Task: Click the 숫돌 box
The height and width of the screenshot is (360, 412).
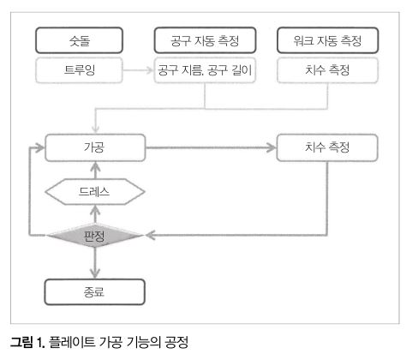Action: click(79, 40)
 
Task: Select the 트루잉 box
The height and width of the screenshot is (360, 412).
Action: click(79, 70)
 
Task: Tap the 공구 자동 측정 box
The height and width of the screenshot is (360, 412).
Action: click(205, 40)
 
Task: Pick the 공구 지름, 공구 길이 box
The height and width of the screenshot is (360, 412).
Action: click(205, 70)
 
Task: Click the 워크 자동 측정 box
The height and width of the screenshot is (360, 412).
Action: click(327, 40)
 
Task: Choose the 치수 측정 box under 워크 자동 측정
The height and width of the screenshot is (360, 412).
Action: click(327, 70)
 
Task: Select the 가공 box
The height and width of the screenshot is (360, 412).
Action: click(95, 147)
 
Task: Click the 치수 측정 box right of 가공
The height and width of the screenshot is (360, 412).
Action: click(327, 147)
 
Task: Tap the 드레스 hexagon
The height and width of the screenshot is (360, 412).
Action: click(95, 192)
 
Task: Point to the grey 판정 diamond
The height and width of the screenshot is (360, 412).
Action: click(94, 236)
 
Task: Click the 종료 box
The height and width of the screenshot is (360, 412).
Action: click(94, 292)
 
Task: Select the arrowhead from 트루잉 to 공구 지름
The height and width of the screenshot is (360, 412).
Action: click(150, 70)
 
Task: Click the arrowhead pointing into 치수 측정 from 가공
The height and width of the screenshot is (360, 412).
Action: click(272, 147)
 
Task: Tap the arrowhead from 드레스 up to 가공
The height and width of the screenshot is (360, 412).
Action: click(95, 166)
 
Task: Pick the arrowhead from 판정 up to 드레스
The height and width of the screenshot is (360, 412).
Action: click(95, 210)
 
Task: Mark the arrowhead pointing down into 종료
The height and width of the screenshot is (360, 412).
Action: click(95, 273)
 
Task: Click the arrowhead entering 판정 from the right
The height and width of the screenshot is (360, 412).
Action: click(150, 236)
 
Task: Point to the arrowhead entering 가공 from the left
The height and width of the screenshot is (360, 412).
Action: click(39, 147)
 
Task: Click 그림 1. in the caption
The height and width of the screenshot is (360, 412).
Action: click(27, 342)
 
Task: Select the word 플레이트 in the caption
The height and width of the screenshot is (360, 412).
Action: click(72, 342)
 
